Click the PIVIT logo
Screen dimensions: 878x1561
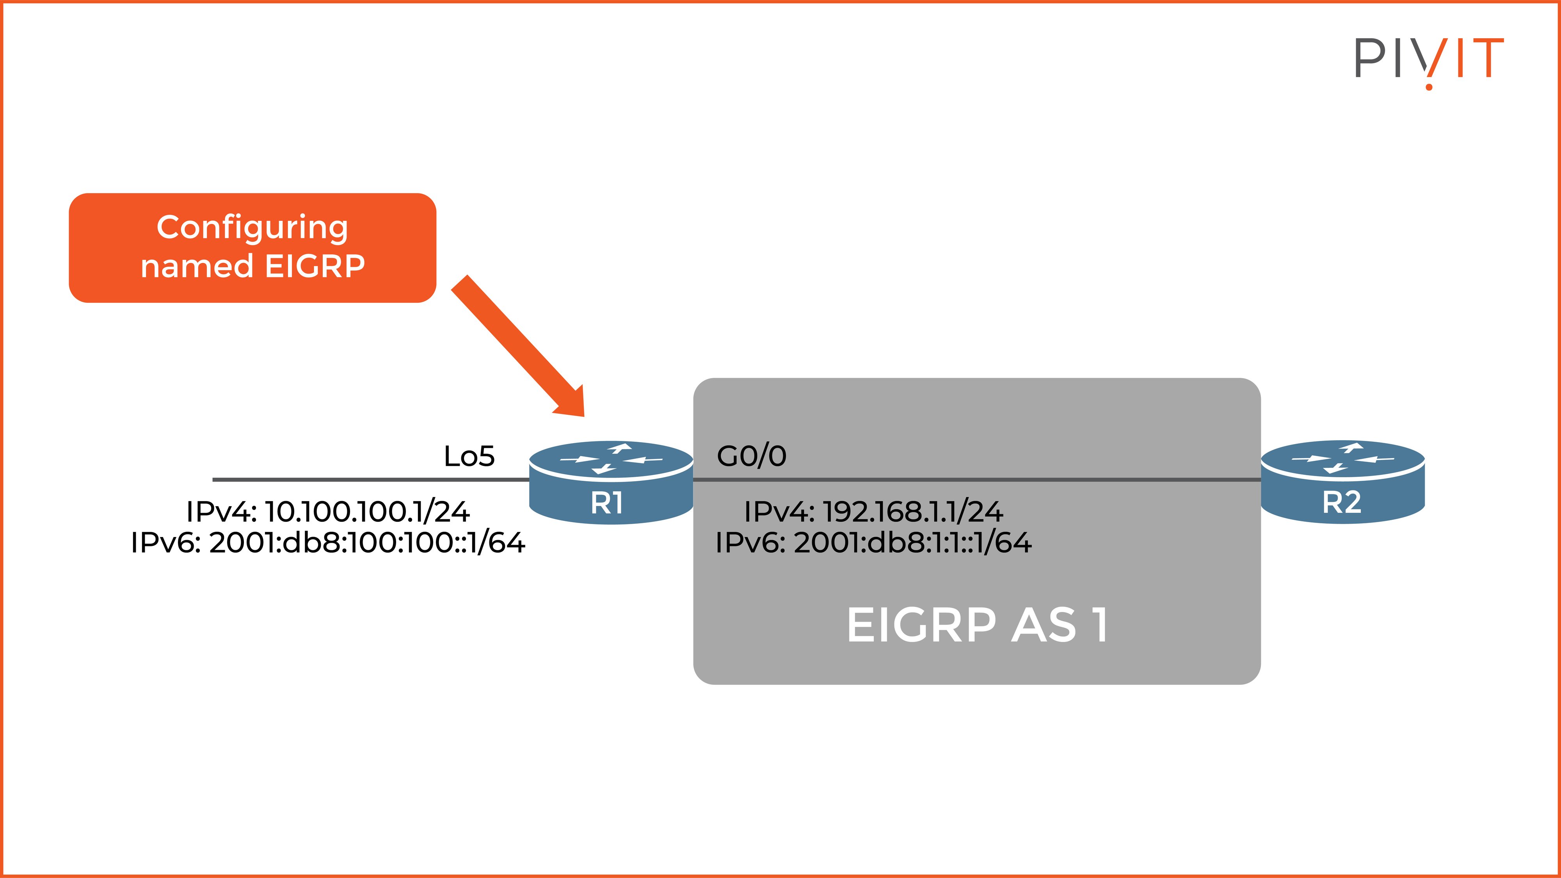[x=1429, y=59]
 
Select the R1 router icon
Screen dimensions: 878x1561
[x=610, y=482]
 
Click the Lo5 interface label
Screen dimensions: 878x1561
[x=469, y=456]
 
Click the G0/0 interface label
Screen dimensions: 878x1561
[x=751, y=456]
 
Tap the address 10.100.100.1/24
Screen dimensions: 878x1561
[x=366, y=512]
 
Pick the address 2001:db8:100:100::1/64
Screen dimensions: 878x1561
[x=366, y=543]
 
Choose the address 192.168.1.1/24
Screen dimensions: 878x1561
[x=912, y=512]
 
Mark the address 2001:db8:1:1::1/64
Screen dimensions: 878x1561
[x=912, y=543]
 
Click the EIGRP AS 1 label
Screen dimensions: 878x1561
[x=977, y=625]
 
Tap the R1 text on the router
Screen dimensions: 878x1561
[x=606, y=503]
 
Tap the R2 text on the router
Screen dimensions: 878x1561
[x=1342, y=502]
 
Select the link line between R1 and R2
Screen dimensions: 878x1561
[x=976, y=479]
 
